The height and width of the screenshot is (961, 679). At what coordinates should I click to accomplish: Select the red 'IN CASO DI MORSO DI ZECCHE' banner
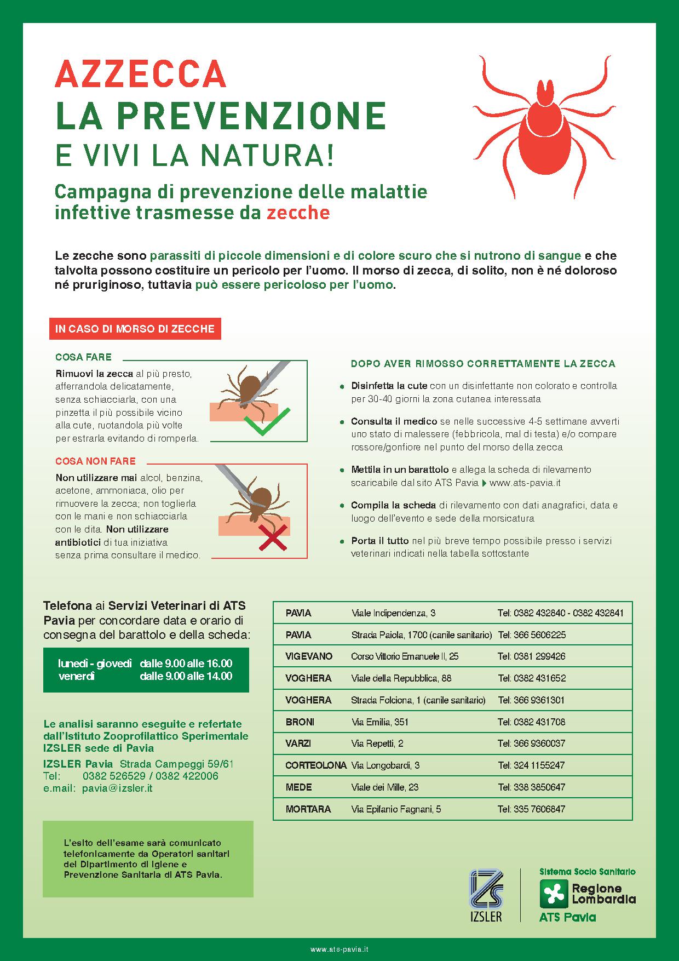point(135,329)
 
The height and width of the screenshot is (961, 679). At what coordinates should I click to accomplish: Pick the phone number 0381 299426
point(531,656)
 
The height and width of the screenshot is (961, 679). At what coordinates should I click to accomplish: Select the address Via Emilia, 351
point(380,722)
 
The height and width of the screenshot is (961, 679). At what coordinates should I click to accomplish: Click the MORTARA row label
point(308,809)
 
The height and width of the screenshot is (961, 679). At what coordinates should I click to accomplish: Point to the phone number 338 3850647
point(531,787)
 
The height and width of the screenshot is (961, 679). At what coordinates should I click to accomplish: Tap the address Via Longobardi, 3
point(385,765)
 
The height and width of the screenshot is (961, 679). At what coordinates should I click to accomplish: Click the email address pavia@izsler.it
point(117,788)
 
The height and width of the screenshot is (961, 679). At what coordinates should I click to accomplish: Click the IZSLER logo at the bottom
point(486,896)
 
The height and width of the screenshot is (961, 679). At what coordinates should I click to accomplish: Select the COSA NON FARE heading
point(95,461)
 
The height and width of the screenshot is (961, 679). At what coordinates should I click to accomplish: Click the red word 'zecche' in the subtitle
point(298,213)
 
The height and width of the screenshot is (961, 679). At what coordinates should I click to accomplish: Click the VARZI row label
point(298,743)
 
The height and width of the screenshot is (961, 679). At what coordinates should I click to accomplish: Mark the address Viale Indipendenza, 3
point(393,613)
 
